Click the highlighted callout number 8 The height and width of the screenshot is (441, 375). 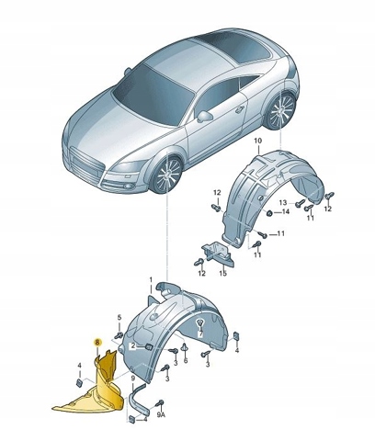pos(97,343)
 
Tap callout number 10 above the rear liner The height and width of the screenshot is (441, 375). pos(258,141)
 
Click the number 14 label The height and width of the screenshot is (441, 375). pos(285,212)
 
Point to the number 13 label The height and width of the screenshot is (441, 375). pos(283,202)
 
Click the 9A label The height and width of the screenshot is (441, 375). pos(161,415)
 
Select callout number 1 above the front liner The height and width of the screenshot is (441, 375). pos(151,279)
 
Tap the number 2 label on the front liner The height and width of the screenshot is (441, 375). pos(133,346)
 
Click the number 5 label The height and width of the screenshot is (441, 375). pos(119,317)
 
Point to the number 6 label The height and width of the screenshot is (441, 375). pos(185,361)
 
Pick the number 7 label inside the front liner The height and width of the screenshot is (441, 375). pos(200,334)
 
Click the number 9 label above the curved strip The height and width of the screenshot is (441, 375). pos(132,379)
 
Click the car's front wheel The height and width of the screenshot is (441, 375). pos(168,175)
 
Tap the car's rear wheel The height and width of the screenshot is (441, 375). pos(280,110)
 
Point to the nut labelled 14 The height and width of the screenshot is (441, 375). pos(270,213)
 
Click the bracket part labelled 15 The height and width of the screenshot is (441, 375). pos(218,253)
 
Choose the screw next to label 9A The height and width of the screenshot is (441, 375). pos(160,403)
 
